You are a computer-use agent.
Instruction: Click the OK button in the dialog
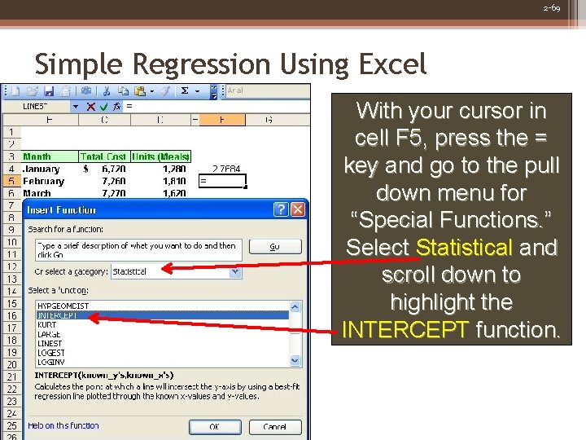tap(214, 426)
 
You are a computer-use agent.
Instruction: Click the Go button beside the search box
tap(274, 245)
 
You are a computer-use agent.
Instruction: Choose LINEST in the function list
tap(51, 344)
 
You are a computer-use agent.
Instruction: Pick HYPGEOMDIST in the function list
tap(63, 306)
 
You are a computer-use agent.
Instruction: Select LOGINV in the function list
tap(50, 363)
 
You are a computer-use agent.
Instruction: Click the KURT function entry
tap(47, 325)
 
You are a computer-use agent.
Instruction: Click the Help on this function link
tap(63, 425)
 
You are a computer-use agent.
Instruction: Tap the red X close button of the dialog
tap(298, 209)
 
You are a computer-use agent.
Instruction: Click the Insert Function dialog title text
tap(62, 209)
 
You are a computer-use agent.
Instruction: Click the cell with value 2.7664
tap(225, 169)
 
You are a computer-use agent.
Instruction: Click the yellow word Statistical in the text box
tap(464, 247)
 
